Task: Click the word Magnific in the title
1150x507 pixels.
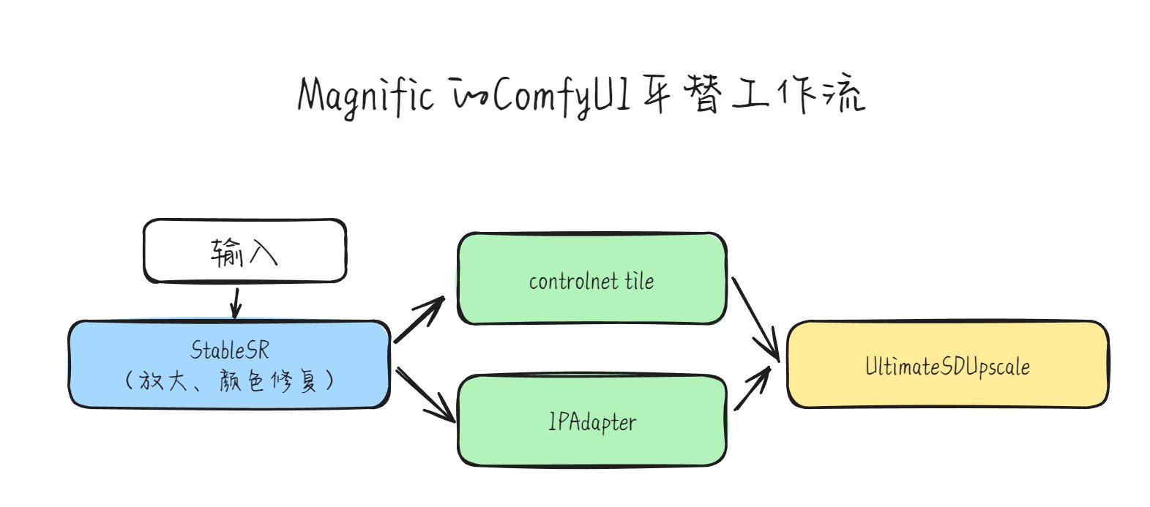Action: [365, 97]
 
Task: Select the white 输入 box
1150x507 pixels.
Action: [245, 251]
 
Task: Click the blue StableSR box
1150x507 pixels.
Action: [229, 364]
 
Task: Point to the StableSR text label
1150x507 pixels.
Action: [229, 350]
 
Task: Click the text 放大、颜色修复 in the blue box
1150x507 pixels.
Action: [229, 380]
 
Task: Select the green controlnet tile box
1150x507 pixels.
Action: [592, 279]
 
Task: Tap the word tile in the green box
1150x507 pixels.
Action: [639, 281]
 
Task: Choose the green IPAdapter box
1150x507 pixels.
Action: [592, 421]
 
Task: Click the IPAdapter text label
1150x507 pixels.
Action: [592, 423]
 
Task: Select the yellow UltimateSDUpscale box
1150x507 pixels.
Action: [948, 364]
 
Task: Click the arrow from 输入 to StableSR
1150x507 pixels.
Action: [236, 304]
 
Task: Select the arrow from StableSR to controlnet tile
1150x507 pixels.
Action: [419, 319]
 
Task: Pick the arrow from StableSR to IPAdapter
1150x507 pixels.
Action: [425, 394]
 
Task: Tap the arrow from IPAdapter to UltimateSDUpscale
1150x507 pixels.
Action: [753, 388]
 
